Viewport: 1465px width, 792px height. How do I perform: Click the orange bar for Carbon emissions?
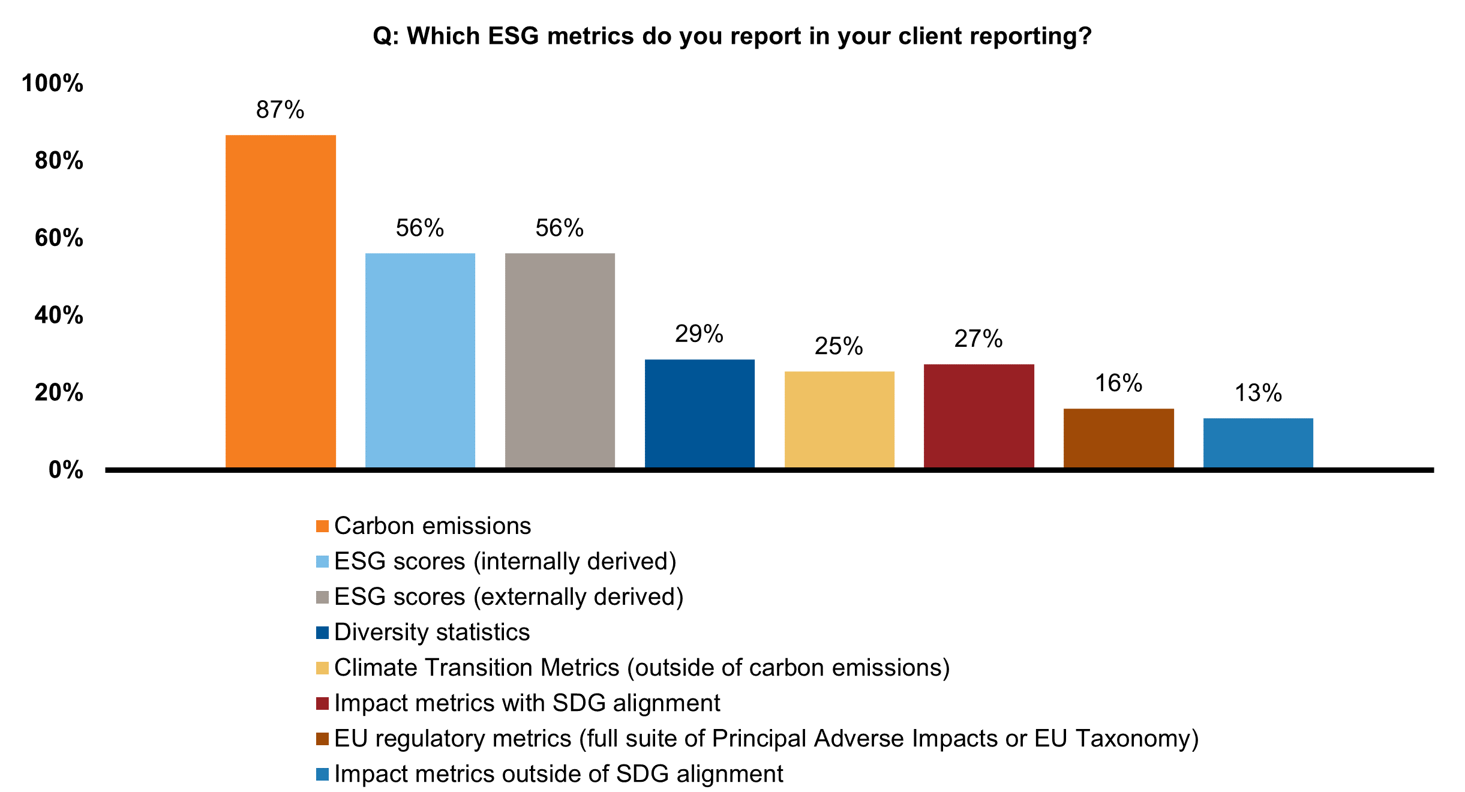280,301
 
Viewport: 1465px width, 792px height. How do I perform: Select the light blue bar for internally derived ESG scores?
420,360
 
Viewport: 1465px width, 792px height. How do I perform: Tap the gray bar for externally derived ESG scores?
560,360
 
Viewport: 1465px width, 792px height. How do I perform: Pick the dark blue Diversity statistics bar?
700,413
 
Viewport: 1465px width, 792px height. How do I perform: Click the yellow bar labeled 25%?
839,419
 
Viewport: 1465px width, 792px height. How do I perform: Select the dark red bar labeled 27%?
979,416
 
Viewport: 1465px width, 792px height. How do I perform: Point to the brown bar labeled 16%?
1119,438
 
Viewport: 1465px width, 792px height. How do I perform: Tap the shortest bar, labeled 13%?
1258,443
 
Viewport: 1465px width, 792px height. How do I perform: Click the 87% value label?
280,110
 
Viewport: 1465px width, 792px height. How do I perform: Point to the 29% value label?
699,334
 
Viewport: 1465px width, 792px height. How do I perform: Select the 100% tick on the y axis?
52,83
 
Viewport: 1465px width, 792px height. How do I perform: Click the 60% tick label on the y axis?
59,238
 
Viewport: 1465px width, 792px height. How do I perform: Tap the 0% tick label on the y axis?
65,470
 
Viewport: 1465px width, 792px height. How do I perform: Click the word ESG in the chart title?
514,37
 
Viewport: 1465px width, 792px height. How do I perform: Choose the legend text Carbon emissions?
433,526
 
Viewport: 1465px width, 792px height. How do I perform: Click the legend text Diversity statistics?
432,632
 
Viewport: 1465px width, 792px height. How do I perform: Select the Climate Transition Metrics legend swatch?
322,668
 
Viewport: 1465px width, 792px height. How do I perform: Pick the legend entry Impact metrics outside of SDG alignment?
559,774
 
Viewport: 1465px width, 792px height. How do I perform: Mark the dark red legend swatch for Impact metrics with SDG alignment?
322,703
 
